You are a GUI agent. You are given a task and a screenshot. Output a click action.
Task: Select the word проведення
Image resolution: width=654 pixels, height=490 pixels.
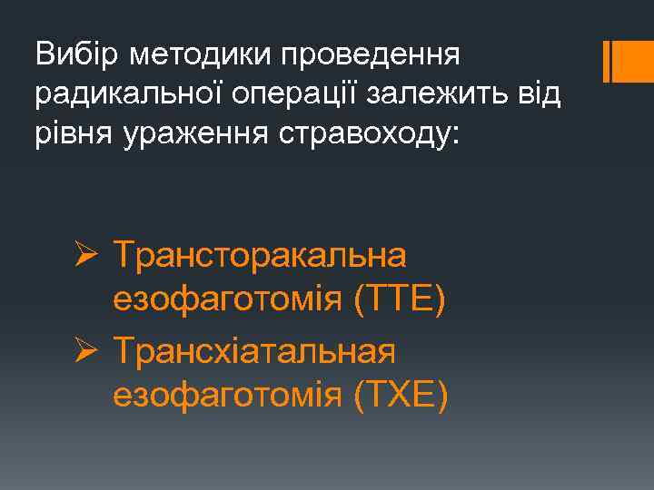[373, 56]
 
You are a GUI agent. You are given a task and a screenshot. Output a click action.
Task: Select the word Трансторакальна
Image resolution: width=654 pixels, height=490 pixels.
[261, 257]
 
